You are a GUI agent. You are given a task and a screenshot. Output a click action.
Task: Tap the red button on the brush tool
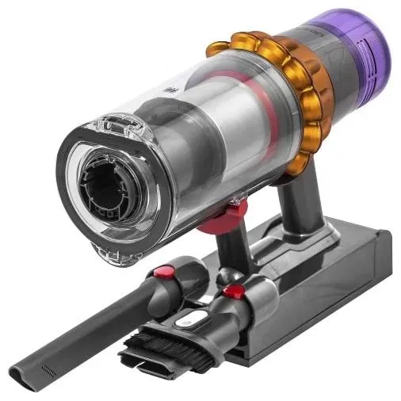click(233, 292)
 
